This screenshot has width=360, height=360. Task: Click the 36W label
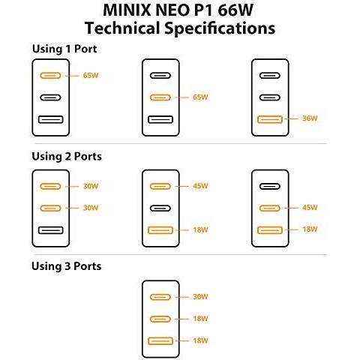(x=310, y=118)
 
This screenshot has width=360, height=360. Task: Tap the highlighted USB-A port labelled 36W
(x=270, y=119)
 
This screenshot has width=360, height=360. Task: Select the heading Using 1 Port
(x=64, y=49)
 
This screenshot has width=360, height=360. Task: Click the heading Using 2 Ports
(x=67, y=157)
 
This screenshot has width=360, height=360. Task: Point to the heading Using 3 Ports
(x=67, y=266)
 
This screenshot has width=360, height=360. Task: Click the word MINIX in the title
(x=127, y=10)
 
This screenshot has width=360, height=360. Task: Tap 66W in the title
(x=235, y=10)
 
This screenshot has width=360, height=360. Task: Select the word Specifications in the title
(x=220, y=28)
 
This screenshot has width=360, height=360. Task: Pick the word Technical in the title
(x=122, y=28)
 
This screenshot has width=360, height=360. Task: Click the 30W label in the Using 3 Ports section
(x=200, y=297)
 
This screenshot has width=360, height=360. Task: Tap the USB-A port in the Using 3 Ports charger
(x=160, y=341)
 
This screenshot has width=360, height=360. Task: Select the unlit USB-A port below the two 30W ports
(x=51, y=230)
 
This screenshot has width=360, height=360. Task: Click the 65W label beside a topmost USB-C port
(x=91, y=75)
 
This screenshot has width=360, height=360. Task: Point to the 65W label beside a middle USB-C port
(x=200, y=97)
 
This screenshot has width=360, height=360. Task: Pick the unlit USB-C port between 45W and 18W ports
(x=160, y=208)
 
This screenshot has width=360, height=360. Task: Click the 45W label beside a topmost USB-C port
(x=200, y=186)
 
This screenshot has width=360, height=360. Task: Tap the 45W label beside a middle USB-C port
(x=310, y=208)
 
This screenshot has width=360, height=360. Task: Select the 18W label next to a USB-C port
(x=200, y=319)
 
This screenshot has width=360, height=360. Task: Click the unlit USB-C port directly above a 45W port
(x=270, y=186)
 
